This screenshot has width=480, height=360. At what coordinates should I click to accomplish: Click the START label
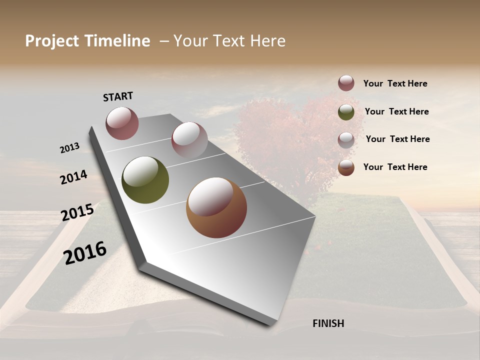click(118, 96)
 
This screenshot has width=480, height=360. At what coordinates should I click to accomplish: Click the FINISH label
click(328, 323)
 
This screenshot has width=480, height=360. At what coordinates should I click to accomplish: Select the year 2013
click(69, 148)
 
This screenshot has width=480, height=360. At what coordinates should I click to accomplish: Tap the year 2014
click(73, 177)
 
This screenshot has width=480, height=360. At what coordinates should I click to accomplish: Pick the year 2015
click(77, 212)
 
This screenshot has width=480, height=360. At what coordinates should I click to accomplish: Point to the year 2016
click(85, 252)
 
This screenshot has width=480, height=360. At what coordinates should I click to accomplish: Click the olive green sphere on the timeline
click(145, 180)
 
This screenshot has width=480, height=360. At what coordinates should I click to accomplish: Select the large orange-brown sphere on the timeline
click(216, 207)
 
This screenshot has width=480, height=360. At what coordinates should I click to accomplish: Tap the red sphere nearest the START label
click(122, 123)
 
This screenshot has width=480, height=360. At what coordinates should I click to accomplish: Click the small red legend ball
click(346, 83)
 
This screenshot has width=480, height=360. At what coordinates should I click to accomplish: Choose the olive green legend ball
click(346, 112)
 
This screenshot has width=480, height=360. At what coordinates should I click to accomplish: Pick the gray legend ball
click(346, 140)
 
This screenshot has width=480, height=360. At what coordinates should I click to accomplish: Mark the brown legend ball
click(346, 167)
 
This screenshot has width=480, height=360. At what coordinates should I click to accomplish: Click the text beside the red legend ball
click(395, 83)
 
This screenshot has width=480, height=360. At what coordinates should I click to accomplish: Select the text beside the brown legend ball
click(395, 167)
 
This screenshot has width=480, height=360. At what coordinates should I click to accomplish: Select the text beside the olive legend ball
click(396, 111)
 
